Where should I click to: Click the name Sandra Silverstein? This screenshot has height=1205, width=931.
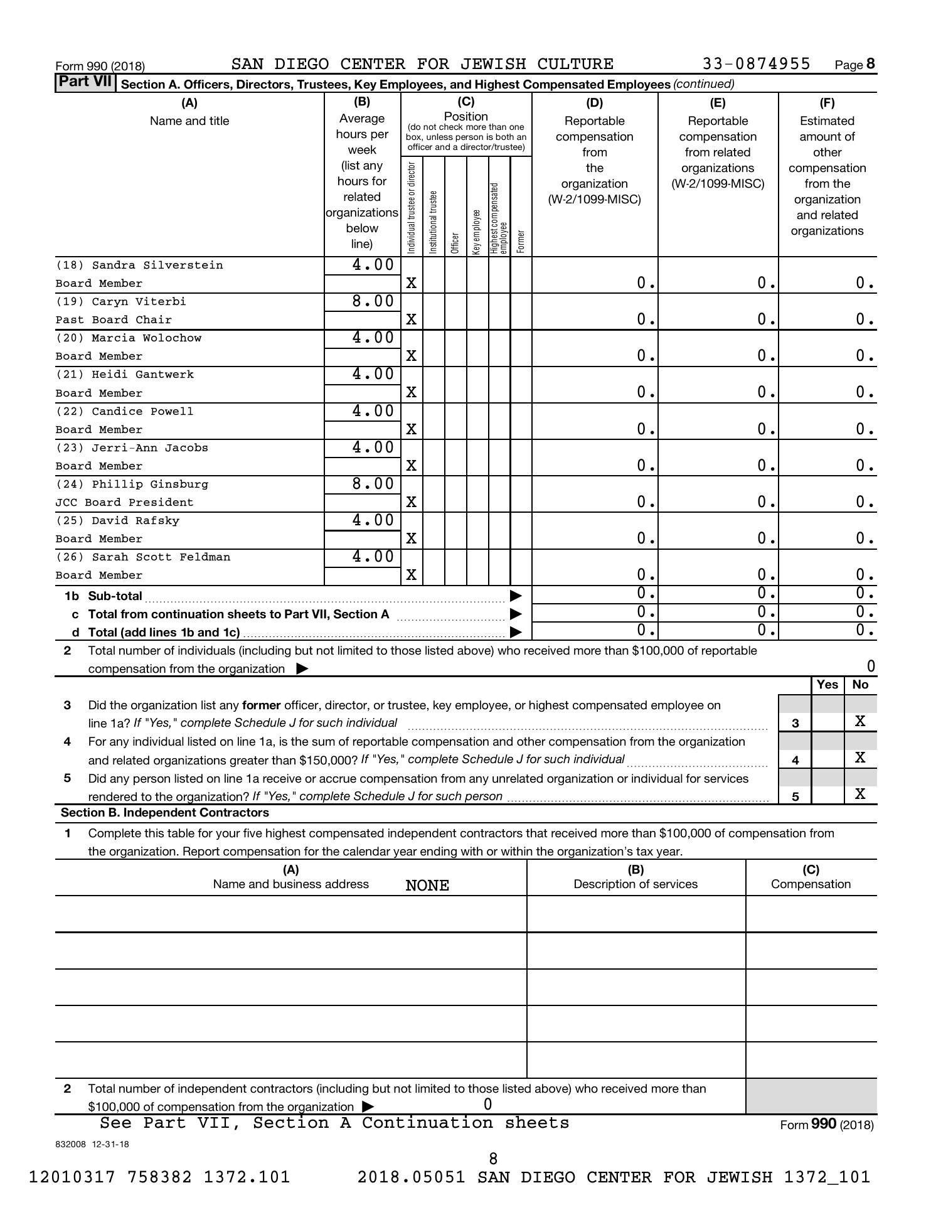pyautogui.click(x=157, y=265)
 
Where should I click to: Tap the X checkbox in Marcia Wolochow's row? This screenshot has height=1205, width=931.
pyautogui.click(x=411, y=356)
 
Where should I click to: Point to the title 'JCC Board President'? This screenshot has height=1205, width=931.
pyautogui.click(x=124, y=502)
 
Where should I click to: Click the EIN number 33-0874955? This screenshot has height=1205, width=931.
pyautogui.click(x=756, y=64)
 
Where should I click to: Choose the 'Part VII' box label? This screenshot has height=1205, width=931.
pyautogui.click(x=85, y=83)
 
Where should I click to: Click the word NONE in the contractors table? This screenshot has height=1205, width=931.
pyautogui.click(x=427, y=886)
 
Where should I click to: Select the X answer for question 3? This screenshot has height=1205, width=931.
pyautogui.click(x=860, y=721)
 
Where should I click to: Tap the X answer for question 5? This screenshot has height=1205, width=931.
pyautogui.click(x=860, y=795)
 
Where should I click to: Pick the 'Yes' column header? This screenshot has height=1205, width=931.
pyautogui.click(x=827, y=685)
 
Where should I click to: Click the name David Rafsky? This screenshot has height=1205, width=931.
pyautogui.click(x=135, y=521)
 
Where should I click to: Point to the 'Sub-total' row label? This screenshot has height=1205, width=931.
pyautogui.click(x=115, y=596)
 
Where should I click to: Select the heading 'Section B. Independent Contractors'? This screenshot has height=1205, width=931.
pyautogui.click(x=165, y=813)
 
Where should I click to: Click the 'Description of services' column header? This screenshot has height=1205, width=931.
pyautogui.click(x=636, y=884)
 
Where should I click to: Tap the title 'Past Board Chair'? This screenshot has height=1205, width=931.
pyautogui.click(x=114, y=320)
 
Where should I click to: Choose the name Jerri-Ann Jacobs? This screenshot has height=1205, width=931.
pyautogui.click(x=149, y=448)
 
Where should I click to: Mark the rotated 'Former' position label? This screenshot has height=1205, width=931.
pyautogui.click(x=521, y=242)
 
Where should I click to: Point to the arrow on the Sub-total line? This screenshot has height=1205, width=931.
pyautogui.click(x=516, y=596)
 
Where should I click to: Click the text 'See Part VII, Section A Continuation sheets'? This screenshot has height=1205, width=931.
pyautogui.click(x=334, y=1123)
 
